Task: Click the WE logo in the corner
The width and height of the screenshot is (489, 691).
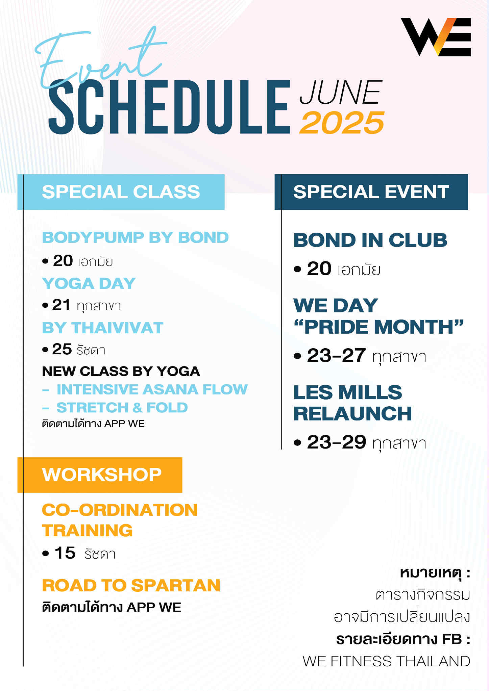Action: point(436,37)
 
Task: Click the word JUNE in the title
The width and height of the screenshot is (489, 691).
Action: point(341,92)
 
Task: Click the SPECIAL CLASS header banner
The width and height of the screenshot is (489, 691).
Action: point(121,192)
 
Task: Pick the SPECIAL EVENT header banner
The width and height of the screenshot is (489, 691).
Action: point(371,192)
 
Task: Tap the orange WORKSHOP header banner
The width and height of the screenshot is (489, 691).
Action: point(100,475)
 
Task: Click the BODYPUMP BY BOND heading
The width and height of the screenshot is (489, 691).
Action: point(135,237)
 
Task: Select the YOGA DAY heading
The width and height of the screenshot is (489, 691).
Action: point(89,283)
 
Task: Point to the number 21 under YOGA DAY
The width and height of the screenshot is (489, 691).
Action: point(61,305)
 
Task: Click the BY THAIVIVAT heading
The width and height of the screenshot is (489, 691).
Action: point(103,328)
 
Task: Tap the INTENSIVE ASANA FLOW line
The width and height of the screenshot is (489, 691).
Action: point(152,389)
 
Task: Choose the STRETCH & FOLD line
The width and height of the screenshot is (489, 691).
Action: point(122,408)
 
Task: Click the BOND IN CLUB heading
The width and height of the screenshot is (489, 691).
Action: point(370,240)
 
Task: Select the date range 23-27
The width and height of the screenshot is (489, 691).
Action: point(336,355)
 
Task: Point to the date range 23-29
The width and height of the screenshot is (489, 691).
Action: point(337,442)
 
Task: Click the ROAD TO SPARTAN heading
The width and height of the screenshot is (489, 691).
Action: point(131,585)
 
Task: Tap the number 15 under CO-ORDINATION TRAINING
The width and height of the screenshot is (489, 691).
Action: point(65,553)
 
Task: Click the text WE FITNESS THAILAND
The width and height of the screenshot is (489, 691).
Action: point(386,661)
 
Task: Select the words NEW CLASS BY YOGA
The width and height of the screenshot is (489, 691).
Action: point(121,372)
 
